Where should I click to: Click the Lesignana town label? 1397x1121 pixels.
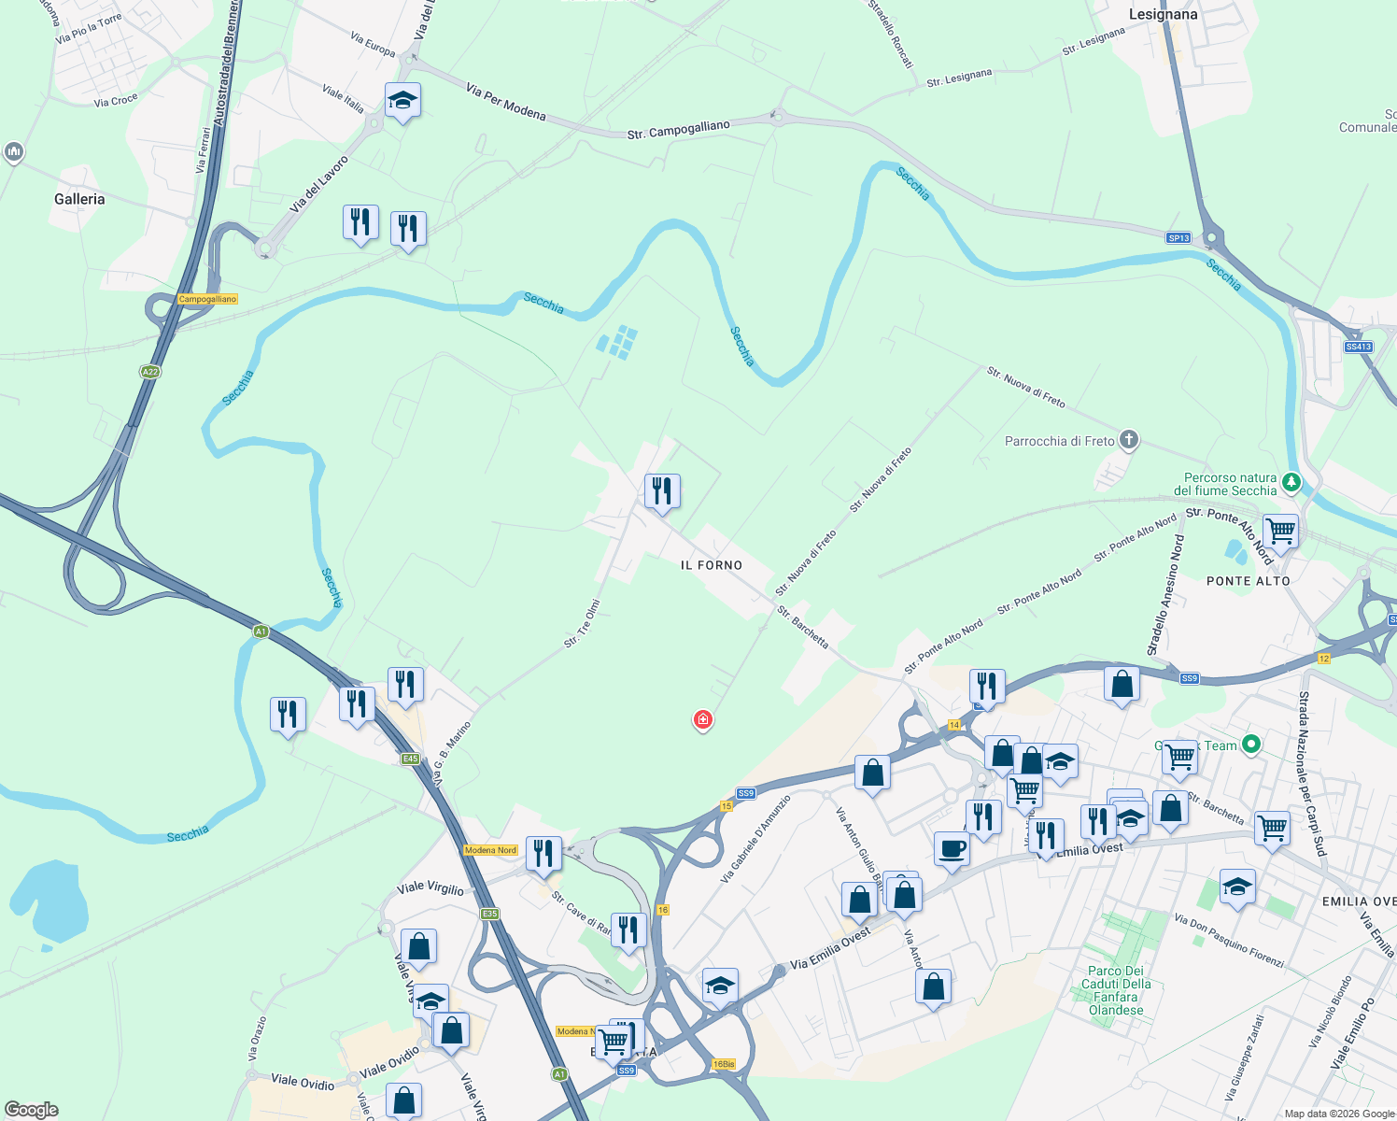pyautogui.click(x=1163, y=14)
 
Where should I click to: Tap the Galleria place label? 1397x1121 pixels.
pyautogui.click(x=79, y=199)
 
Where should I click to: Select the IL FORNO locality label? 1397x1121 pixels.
pyautogui.click(x=712, y=565)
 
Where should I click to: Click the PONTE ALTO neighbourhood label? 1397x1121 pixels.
pyautogui.click(x=1248, y=581)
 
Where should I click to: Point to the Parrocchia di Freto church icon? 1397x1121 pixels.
pyautogui.click(x=1128, y=440)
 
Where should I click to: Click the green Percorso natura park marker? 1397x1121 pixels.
pyautogui.click(x=1291, y=482)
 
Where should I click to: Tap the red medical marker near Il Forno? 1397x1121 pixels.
pyautogui.click(x=702, y=719)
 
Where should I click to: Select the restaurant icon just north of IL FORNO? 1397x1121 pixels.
pyautogui.click(x=662, y=490)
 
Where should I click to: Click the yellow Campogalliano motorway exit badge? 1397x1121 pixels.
pyautogui.click(x=207, y=299)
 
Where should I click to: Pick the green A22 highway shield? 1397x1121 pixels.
pyautogui.click(x=149, y=372)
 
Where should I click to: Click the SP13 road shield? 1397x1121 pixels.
pyautogui.click(x=1178, y=238)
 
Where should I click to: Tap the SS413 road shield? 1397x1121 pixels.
pyautogui.click(x=1358, y=347)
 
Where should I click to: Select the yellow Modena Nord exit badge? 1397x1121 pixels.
pyautogui.click(x=490, y=850)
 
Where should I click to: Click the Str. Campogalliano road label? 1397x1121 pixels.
pyautogui.click(x=678, y=130)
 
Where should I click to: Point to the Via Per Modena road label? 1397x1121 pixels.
pyautogui.click(x=505, y=103)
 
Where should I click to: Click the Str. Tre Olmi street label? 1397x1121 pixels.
pyautogui.click(x=581, y=624)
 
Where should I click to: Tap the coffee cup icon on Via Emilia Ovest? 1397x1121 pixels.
pyautogui.click(x=952, y=849)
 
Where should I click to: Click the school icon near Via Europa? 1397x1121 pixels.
pyautogui.click(x=402, y=100)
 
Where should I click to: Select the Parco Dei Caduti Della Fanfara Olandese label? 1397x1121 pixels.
pyautogui.click(x=1116, y=990)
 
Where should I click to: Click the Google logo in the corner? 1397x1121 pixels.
pyautogui.click(x=32, y=1110)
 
